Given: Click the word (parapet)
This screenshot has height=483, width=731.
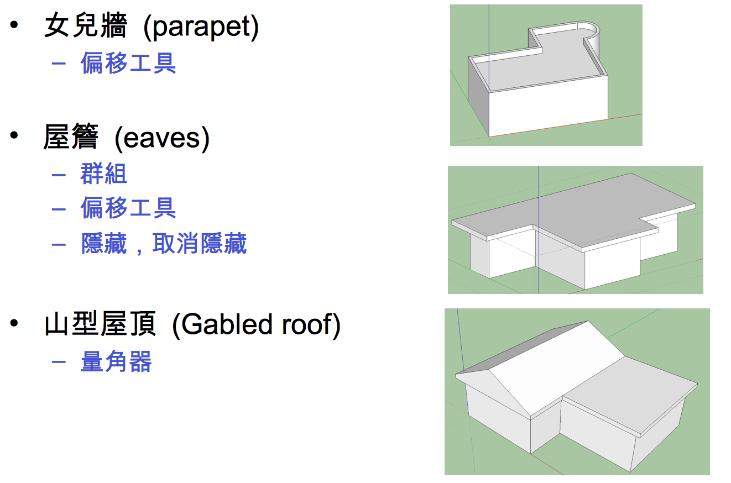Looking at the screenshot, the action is pyautogui.click(x=201, y=28).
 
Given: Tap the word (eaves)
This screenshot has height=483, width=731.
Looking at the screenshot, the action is pyautogui.click(x=162, y=138).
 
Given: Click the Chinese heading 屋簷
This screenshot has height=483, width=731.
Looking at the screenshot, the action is pyautogui.click(x=71, y=138).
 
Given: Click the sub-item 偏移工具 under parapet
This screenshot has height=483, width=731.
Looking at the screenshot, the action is pyautogui.click(x=128, y=63).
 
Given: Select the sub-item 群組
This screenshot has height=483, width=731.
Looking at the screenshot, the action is pyautogui.click(x=104, y=174).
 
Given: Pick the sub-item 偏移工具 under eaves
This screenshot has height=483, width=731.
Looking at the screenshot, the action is pyautogui.click(x=128, y=208).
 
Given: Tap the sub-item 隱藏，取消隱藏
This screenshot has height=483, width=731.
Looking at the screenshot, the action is pyautogui.click(x=164, y=243).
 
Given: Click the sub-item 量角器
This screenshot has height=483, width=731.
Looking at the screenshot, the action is pyautogui.click(x=116, y=362).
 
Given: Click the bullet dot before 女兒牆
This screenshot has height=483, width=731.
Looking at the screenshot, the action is pyautogui.click(x=14, y=26).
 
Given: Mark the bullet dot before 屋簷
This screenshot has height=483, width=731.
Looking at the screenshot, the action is pyautogui.click(x=14, y=136).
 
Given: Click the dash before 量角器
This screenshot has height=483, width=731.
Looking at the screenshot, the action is pyautogui.click(x=58, y=363).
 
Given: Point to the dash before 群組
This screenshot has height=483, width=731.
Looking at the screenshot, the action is pyautogui.click(x=58, y=175).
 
